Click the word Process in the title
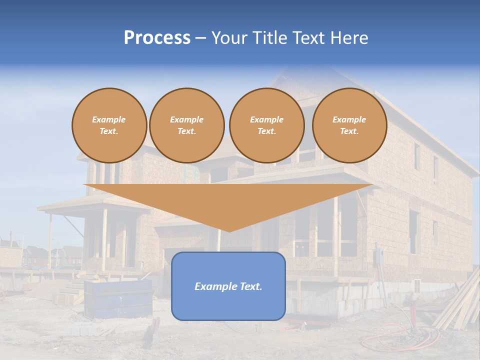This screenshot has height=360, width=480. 157,38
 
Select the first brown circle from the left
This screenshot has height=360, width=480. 109,125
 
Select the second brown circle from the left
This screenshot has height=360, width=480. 186,125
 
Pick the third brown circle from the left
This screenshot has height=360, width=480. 266,125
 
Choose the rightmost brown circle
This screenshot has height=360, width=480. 349,125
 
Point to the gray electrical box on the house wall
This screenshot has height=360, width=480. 378,256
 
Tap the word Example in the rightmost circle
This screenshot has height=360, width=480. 349,119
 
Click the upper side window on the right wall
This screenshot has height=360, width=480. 417,156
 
